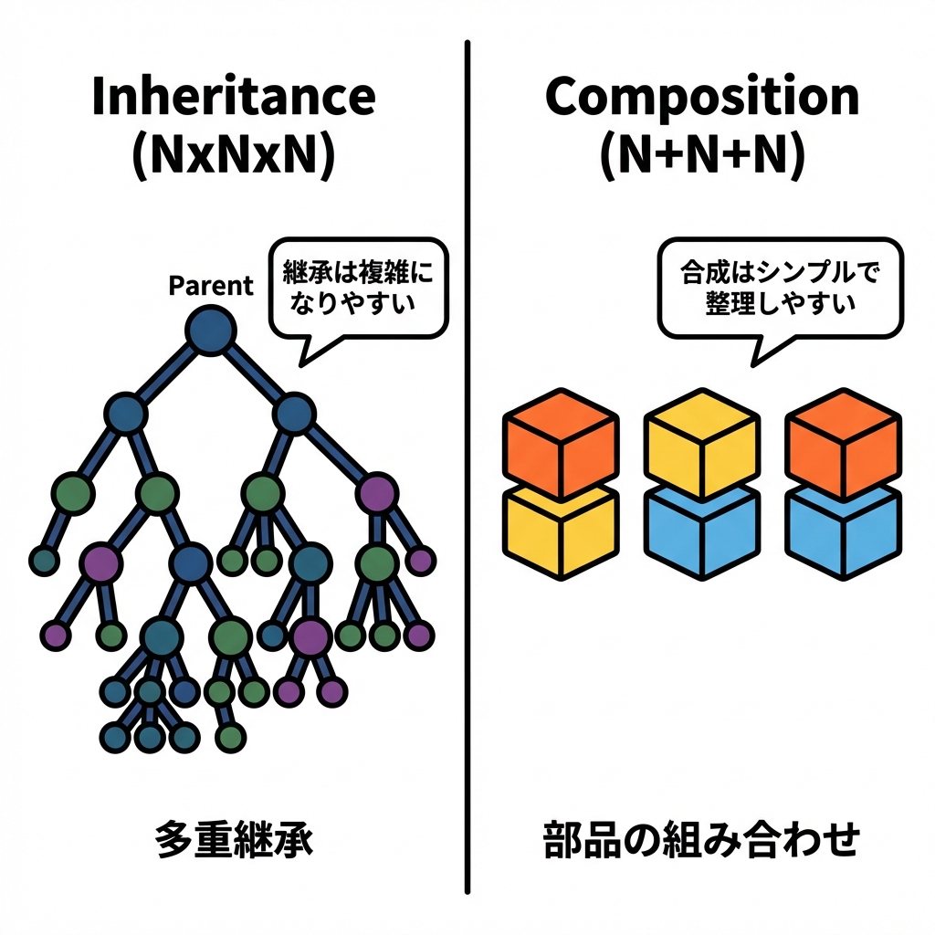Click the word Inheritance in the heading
233,98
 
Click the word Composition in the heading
702,98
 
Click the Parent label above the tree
211,286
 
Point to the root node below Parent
211,330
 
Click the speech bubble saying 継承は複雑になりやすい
358,288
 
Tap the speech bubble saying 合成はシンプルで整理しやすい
780,288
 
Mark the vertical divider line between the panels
467,548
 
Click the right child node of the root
294,414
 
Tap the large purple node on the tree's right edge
375,494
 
